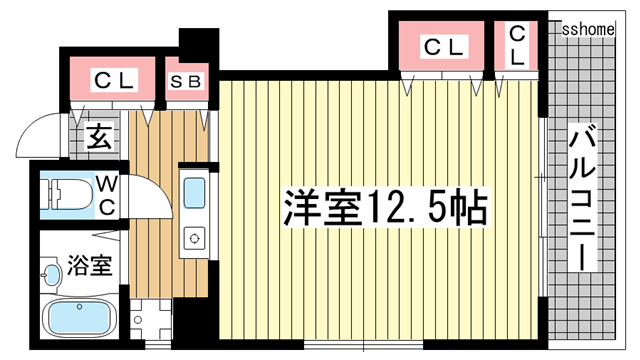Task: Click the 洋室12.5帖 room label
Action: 386,207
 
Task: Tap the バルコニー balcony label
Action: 583,198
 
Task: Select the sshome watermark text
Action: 588,29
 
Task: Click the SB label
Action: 186,82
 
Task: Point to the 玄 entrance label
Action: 99,137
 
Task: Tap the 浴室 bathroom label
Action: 90,265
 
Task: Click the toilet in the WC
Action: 67,195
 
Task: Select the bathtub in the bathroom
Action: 80,318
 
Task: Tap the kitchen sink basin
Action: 194,193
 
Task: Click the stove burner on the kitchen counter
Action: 194,238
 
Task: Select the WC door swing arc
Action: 159,191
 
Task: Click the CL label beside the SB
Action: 114,81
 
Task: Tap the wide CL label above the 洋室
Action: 444,47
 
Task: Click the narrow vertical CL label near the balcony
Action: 517,45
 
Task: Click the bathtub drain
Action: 80,307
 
